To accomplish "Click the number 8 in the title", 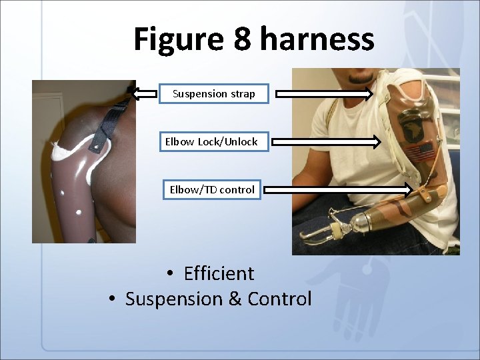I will point(243,39).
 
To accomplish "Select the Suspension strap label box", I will point(213,94).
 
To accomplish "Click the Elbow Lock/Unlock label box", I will point(211,142).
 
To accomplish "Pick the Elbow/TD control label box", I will point(212,190).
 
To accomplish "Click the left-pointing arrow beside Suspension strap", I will point(143,93).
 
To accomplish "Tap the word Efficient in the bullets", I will point(219,273).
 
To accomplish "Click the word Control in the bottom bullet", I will point(279,299).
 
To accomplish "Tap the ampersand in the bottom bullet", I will point(235,299).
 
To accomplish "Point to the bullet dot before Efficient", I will point(171,274).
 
